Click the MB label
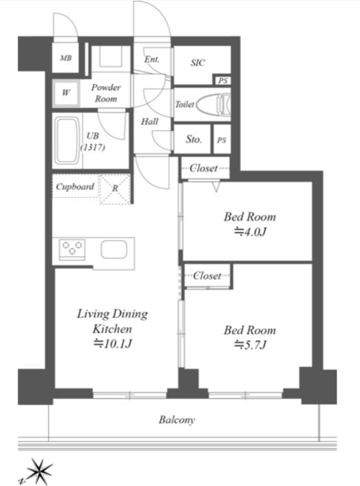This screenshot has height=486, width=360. coord(65,58)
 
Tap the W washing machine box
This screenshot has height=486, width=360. coord(65,93)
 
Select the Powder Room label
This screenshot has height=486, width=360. coord(106,93)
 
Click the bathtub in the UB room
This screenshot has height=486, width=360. coord(67,141)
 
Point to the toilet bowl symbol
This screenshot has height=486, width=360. coord(213,104)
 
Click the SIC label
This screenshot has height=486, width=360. coord(198,63)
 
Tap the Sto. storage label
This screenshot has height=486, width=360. coord(193,139)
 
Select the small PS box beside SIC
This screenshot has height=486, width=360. coord(222,80)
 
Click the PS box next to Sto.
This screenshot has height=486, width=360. coord(222,139)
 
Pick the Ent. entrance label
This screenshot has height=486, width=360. coord(152,59)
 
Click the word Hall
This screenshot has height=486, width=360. coord(150,121)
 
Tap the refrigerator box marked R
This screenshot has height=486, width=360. coord(115,189)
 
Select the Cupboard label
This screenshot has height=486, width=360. coord(75,187)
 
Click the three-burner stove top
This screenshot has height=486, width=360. coord(72,249)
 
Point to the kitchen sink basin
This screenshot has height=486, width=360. coord(114,249)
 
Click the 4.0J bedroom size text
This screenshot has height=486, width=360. coord(251,231)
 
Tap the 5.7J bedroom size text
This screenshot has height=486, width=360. coord(251,345)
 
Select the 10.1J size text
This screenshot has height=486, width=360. coord(113,343)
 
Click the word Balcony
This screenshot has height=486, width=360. coord(177,420)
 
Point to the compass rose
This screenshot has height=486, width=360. coord(39,471)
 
